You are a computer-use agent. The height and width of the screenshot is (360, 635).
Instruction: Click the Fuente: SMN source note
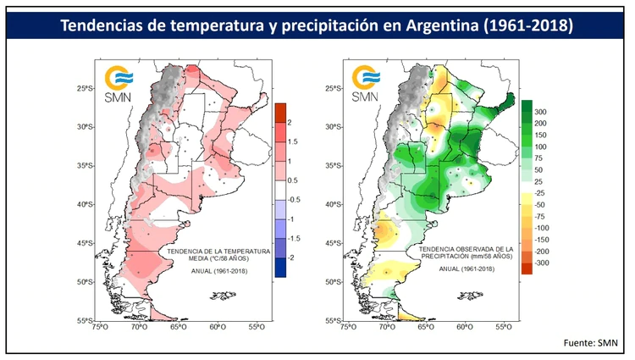(592, 342)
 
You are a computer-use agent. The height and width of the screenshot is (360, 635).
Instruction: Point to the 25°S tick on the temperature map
(82, 88)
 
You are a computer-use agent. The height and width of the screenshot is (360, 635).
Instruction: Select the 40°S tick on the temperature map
(82, 204)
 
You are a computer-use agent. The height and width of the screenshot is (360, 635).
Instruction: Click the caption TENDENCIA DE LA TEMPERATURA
(218, 252)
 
